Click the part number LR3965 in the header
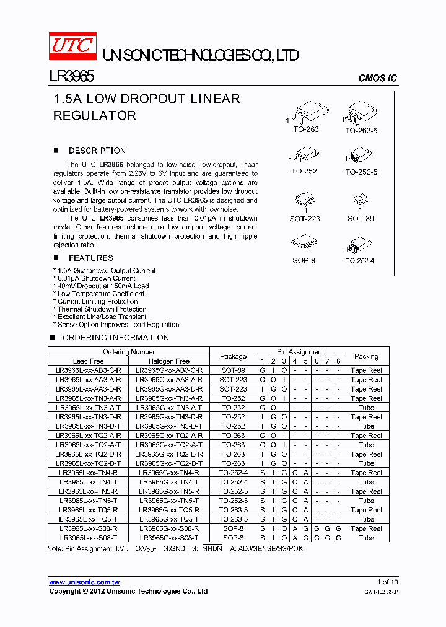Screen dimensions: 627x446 point(71,76)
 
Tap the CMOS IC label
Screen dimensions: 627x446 point(378,78)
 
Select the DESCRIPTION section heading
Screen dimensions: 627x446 point(97,151)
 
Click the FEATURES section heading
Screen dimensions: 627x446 point(90,258)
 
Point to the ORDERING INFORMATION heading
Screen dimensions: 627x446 point(115,338)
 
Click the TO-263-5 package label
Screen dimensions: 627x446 point(361,131)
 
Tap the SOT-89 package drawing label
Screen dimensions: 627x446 point(360,218)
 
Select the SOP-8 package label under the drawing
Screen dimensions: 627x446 point(304,261)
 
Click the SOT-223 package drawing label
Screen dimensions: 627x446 point(305,218)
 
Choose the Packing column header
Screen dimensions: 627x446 point(366,356)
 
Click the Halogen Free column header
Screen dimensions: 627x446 point(169,361)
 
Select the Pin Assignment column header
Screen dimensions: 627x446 point(300,352)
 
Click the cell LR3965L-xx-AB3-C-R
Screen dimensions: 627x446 point(89,370)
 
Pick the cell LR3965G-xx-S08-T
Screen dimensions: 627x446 point(169,538)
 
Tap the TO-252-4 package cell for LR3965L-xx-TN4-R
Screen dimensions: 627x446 point(233,473)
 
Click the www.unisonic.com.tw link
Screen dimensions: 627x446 point(84,582)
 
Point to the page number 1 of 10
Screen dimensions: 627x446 point(388,582)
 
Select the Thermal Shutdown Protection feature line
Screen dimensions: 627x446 point(102,309)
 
